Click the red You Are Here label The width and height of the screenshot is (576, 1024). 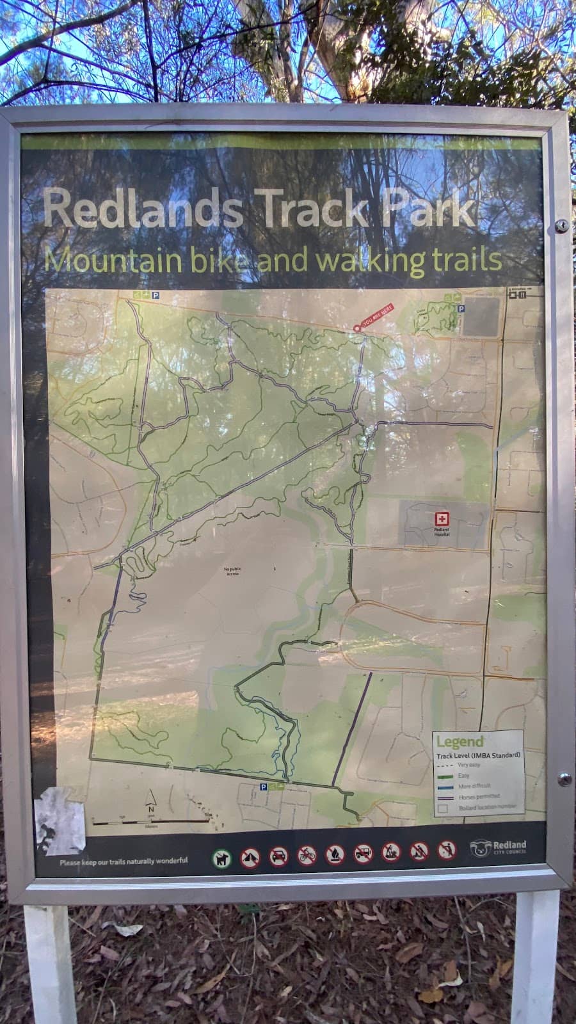click(377, 316)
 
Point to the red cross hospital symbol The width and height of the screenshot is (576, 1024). click(441, 520)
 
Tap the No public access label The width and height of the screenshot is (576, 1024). click(231, 571)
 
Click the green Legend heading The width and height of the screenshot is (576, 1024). click(460, 742)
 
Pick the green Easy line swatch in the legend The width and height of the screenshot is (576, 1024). click(447, 776)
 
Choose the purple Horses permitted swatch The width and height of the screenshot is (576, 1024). click(447, 798)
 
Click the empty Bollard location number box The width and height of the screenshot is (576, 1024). click(443, 808)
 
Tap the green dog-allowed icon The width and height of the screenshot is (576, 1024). click(221, 858)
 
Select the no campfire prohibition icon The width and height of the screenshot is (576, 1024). click(335, 854)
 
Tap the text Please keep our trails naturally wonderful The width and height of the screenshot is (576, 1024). click(124, 861)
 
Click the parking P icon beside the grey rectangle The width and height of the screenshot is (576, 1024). click(461, 308)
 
